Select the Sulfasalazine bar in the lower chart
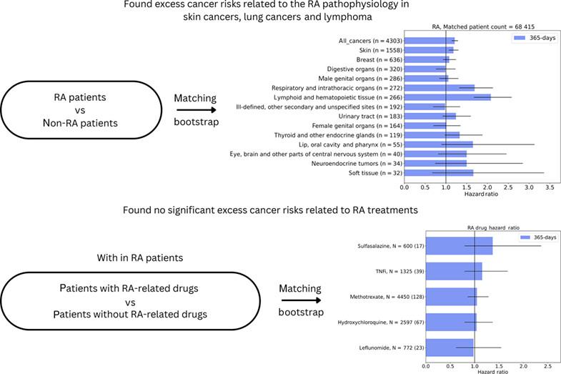click(x=459, y=245)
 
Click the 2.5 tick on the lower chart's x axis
click(x=546, y=365)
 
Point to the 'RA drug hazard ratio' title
click(x=486, y=227)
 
